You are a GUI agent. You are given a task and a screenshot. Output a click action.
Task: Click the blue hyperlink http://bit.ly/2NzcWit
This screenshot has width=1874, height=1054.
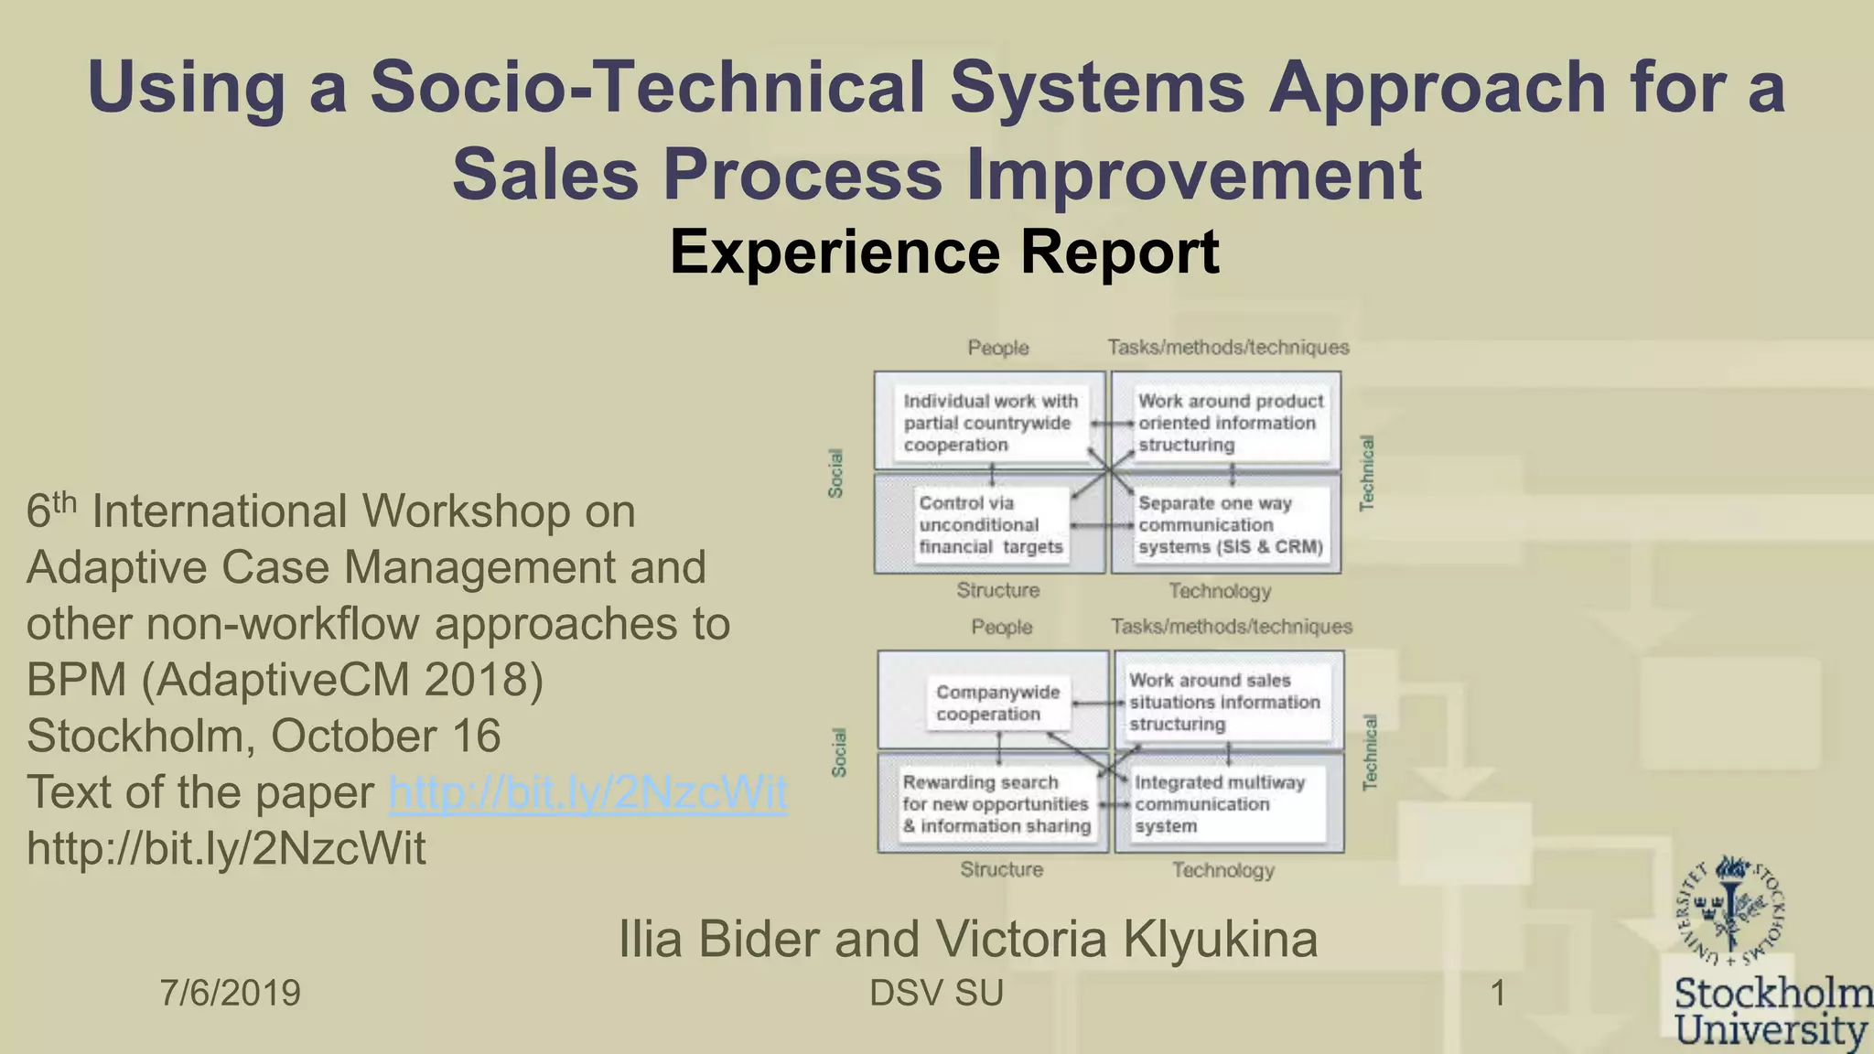point(587,792)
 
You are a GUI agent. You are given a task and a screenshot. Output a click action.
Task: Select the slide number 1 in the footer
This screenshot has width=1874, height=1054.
point(1498,993)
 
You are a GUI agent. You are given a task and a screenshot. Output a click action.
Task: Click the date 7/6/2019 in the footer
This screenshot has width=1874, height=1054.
point(231,993)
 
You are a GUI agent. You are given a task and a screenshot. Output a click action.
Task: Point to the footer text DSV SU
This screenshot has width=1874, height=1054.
point(936,993)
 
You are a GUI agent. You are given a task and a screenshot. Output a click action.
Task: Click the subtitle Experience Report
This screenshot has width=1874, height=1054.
point(944,252)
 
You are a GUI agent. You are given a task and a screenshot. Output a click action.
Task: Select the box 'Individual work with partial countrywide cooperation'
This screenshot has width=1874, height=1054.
point(991,423)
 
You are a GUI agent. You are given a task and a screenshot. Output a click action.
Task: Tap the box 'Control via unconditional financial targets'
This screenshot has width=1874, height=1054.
point(991,525)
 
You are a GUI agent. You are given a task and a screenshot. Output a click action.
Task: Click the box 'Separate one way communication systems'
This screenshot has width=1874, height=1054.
point(1230,525)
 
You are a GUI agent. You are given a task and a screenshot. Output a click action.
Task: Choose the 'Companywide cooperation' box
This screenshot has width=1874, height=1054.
point(997,703)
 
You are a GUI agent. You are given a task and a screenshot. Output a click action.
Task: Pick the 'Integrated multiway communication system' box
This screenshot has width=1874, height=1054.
point(1226,804)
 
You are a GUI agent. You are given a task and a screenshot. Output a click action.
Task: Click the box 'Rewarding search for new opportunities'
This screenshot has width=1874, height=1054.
point(996,804)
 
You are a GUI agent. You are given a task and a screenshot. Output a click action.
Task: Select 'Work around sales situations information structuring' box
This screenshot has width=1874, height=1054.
point(1224,702)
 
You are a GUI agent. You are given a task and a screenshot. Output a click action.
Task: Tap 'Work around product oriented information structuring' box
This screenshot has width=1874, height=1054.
point(1230,423)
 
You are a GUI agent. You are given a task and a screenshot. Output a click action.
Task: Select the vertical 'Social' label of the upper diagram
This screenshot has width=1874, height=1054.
point(835,473)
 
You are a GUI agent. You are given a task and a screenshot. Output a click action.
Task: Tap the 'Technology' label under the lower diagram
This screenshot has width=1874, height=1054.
point(1223,870)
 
